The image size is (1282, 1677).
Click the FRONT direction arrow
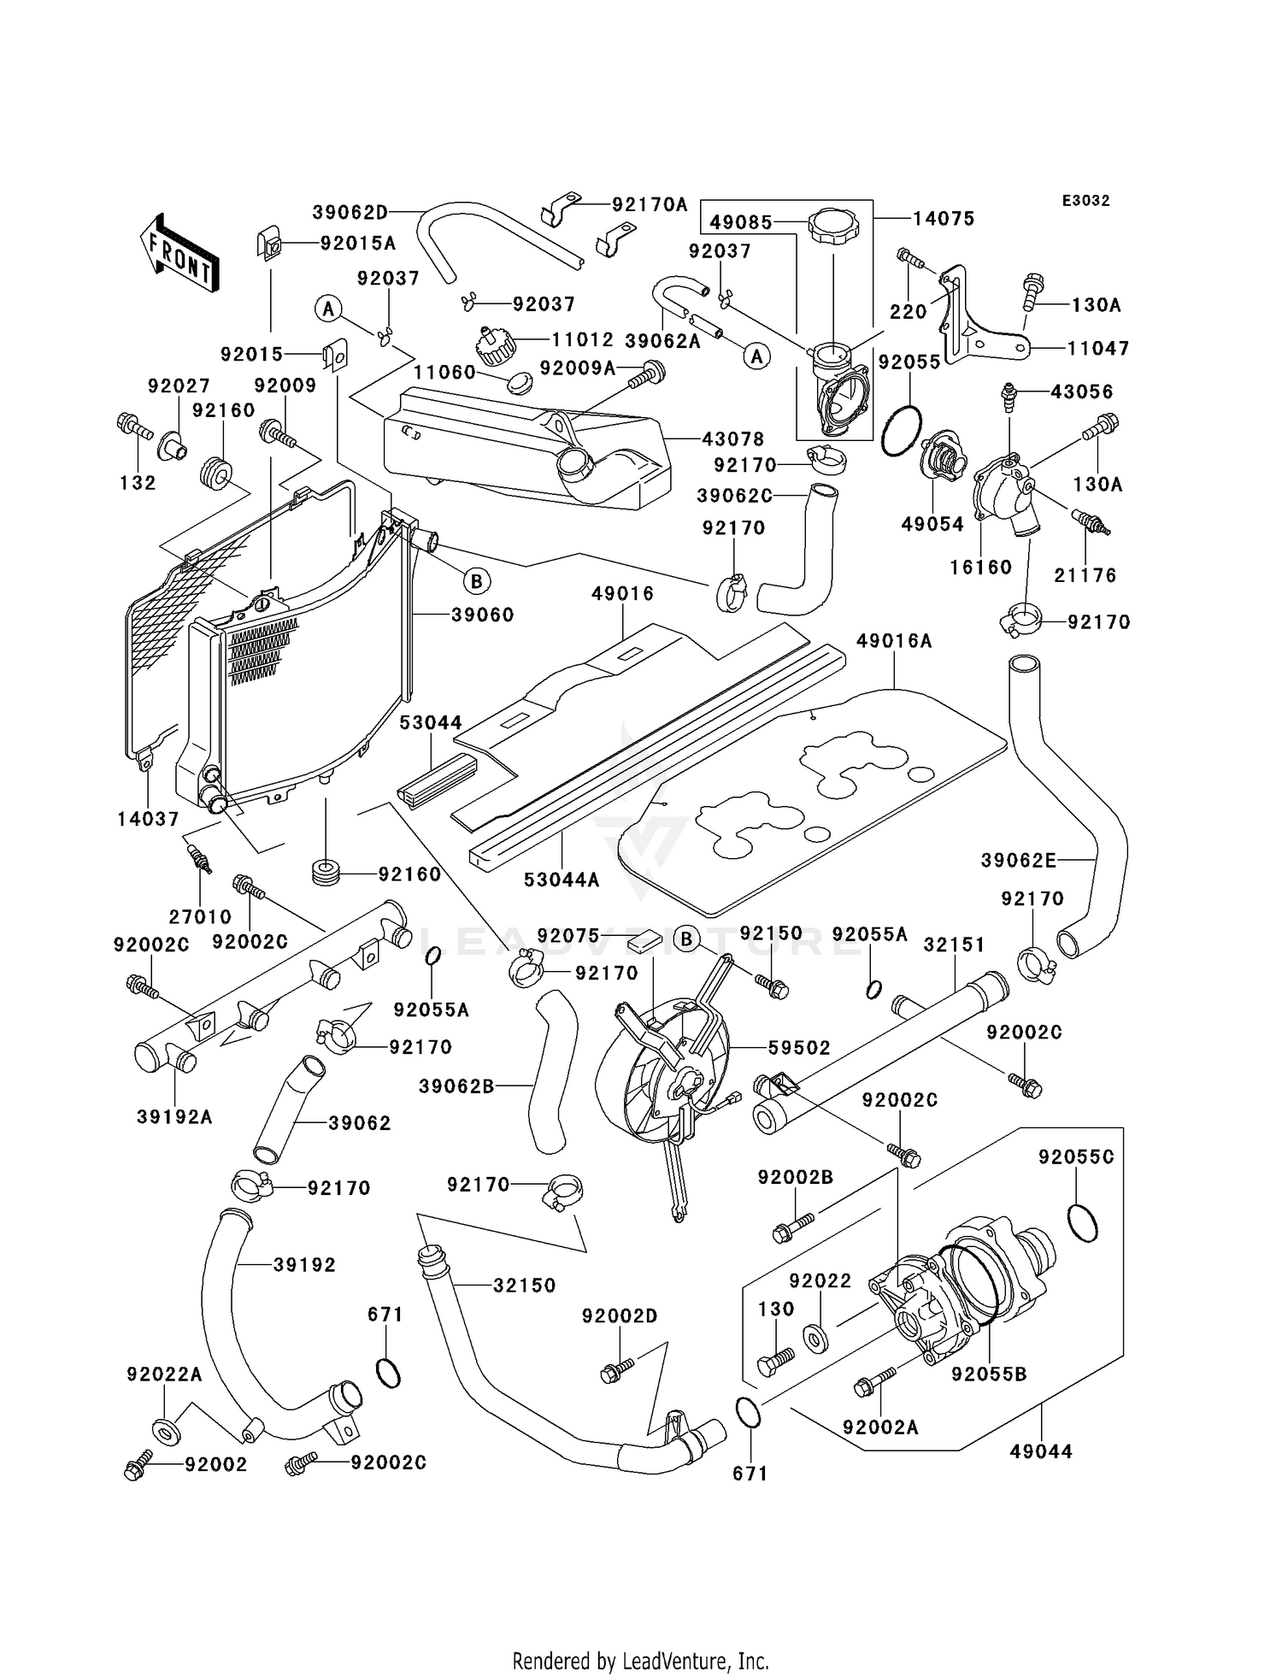(179, 255)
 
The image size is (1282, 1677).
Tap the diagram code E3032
(1085, 201)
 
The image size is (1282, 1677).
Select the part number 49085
(741, 222)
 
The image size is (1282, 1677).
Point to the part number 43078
(732, 438)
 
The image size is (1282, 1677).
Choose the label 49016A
(894, 641)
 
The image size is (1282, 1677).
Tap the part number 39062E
(1018, 860)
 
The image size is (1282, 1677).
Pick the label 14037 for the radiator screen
(149, 819)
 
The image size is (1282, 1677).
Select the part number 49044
(1040, 1451)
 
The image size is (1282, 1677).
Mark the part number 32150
(524, 1285)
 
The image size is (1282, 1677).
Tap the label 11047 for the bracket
(1097, 348)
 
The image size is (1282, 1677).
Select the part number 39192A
(174, 1116)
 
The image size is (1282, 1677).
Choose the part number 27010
(200, 916)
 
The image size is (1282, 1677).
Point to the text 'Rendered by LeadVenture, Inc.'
(640, 1662)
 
